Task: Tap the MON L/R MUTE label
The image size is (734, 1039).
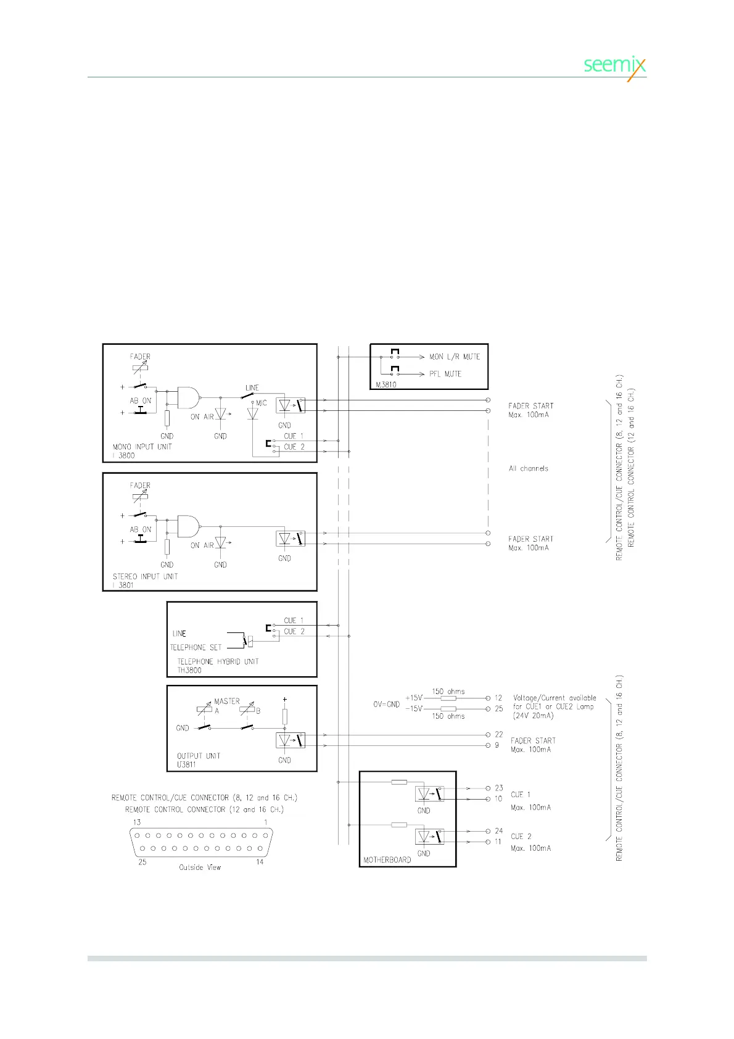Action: click(x=455, y=357)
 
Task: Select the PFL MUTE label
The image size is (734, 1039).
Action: click(x=445, y=374)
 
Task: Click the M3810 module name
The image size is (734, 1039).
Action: click(x=386, y=384)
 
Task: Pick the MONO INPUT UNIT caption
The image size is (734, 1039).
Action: click(x=142, y=447)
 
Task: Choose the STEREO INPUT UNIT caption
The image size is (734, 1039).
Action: click(x=145, y=576)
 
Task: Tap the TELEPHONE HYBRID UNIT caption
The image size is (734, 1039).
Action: click(x=218, y=661)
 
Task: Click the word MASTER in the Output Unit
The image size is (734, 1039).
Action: click(x=227, y=702)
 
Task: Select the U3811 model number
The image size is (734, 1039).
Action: click(x=186, y=764)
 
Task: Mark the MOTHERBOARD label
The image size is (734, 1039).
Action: click(x=387, y=859)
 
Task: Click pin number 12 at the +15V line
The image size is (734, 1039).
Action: click(x=498, y=698)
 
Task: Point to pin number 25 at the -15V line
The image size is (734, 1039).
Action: click(x=499, y=708)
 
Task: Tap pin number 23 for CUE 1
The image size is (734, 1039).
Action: click(x=499, y=788)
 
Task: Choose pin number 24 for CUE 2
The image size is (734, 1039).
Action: click(x=499, y=830)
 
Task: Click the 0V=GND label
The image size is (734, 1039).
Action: click(x=386, y=704)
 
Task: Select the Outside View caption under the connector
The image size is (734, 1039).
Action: click(x=200, y=867)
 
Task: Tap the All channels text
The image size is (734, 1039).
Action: click(x=529, y=468)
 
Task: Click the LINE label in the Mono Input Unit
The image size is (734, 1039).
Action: click(x=252, y=387)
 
